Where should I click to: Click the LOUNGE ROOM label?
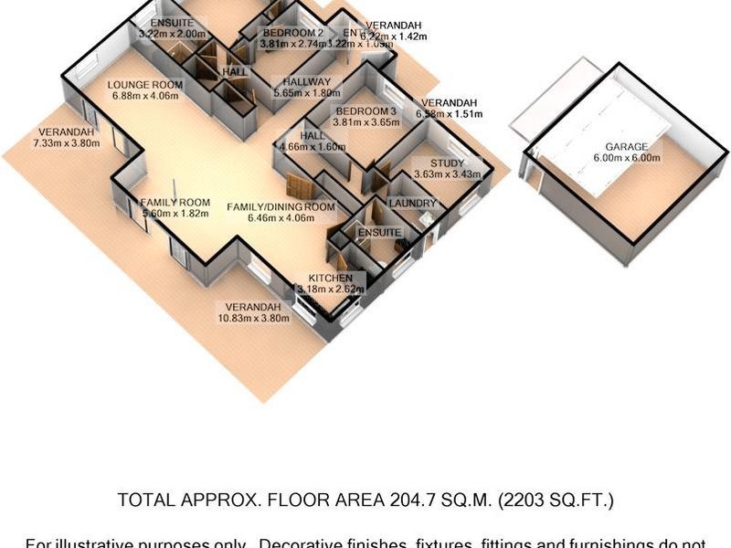[145, 84]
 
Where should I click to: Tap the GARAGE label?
[626, 147]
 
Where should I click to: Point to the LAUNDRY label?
[412, 203]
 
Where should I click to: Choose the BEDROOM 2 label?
[292, 32]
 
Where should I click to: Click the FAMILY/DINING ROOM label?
[281, 207]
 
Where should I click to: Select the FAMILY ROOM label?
[175, 203]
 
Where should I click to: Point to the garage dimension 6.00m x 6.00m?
[626, 158]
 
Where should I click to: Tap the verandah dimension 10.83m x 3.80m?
[249, 319]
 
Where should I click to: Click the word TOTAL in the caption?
[143, 501]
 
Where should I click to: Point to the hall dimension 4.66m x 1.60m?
[313, 146]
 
